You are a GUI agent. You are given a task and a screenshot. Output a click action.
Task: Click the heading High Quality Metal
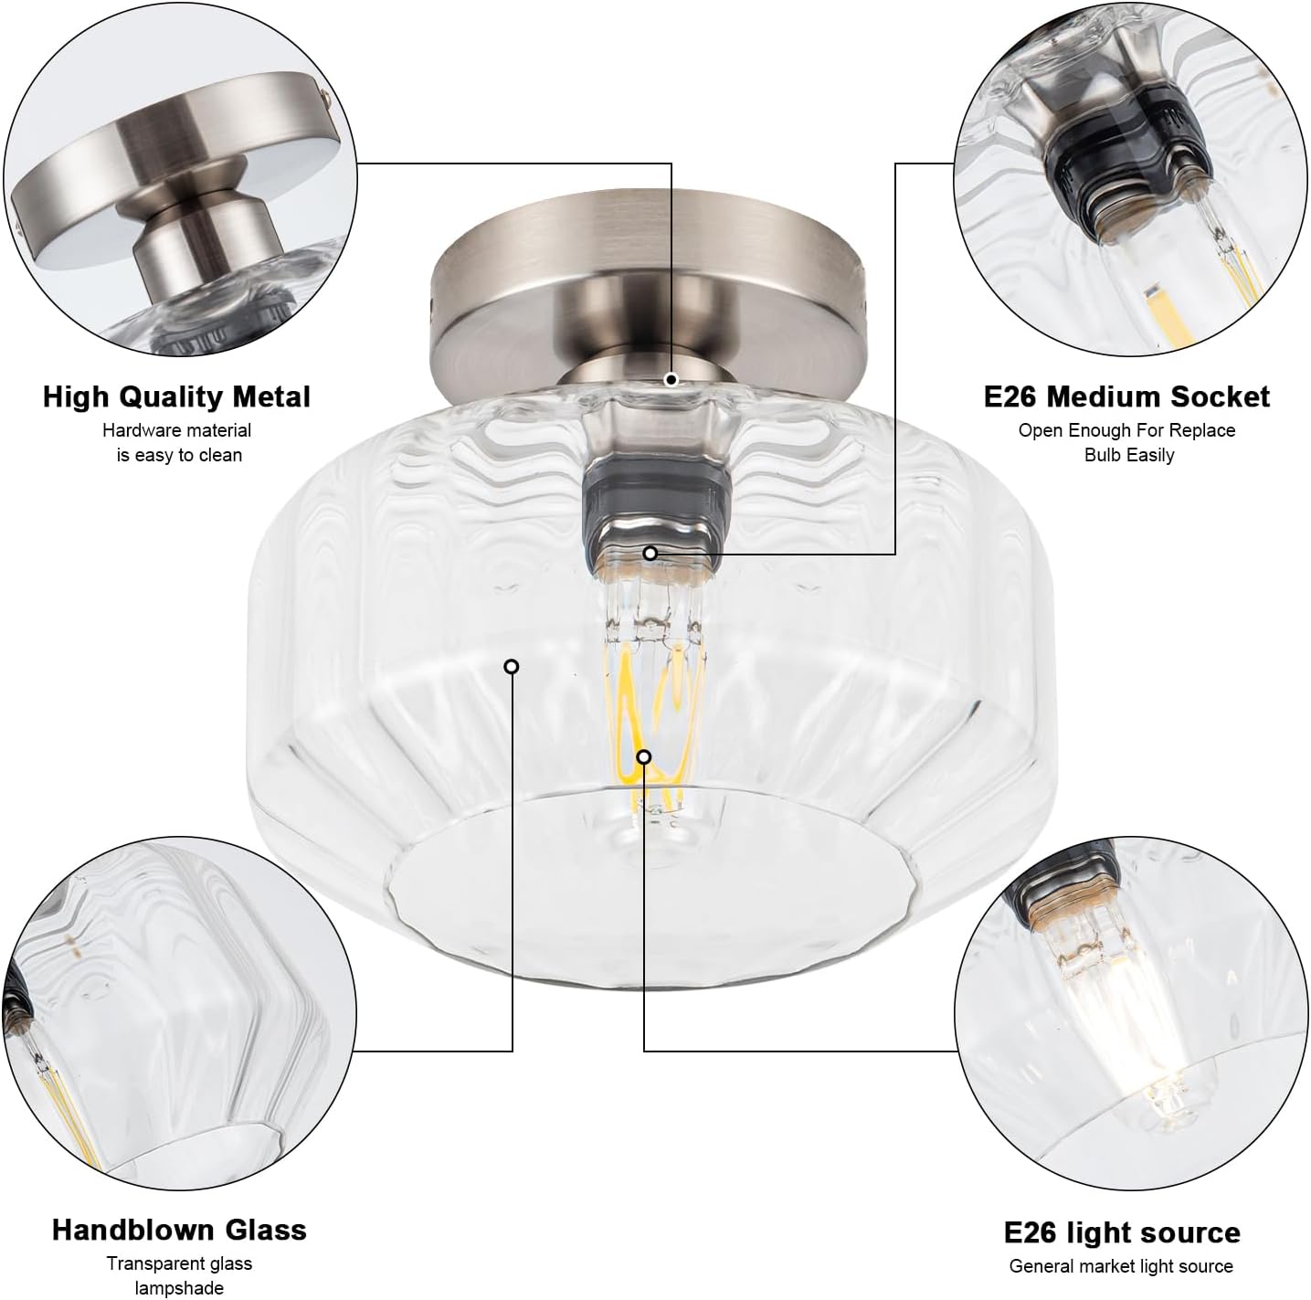pos(176,397)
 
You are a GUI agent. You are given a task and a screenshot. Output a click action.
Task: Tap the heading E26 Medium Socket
pos(1126,396)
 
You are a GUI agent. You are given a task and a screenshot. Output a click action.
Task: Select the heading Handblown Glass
pos(179,1230)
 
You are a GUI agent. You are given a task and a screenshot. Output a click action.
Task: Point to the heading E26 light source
pos(1122,1232)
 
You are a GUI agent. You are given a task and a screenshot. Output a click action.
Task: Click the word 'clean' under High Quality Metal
pos(219,455)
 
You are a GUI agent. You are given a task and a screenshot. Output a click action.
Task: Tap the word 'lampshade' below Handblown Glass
pos(179,1288)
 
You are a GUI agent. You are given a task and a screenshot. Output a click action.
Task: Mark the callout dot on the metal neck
pos(671,379)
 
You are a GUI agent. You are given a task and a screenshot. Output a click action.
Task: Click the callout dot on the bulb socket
pos(650,553)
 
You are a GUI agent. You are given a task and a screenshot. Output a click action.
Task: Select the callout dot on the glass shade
pos(512,667)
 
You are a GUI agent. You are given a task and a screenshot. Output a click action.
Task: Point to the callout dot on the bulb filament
pos(644,756)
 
